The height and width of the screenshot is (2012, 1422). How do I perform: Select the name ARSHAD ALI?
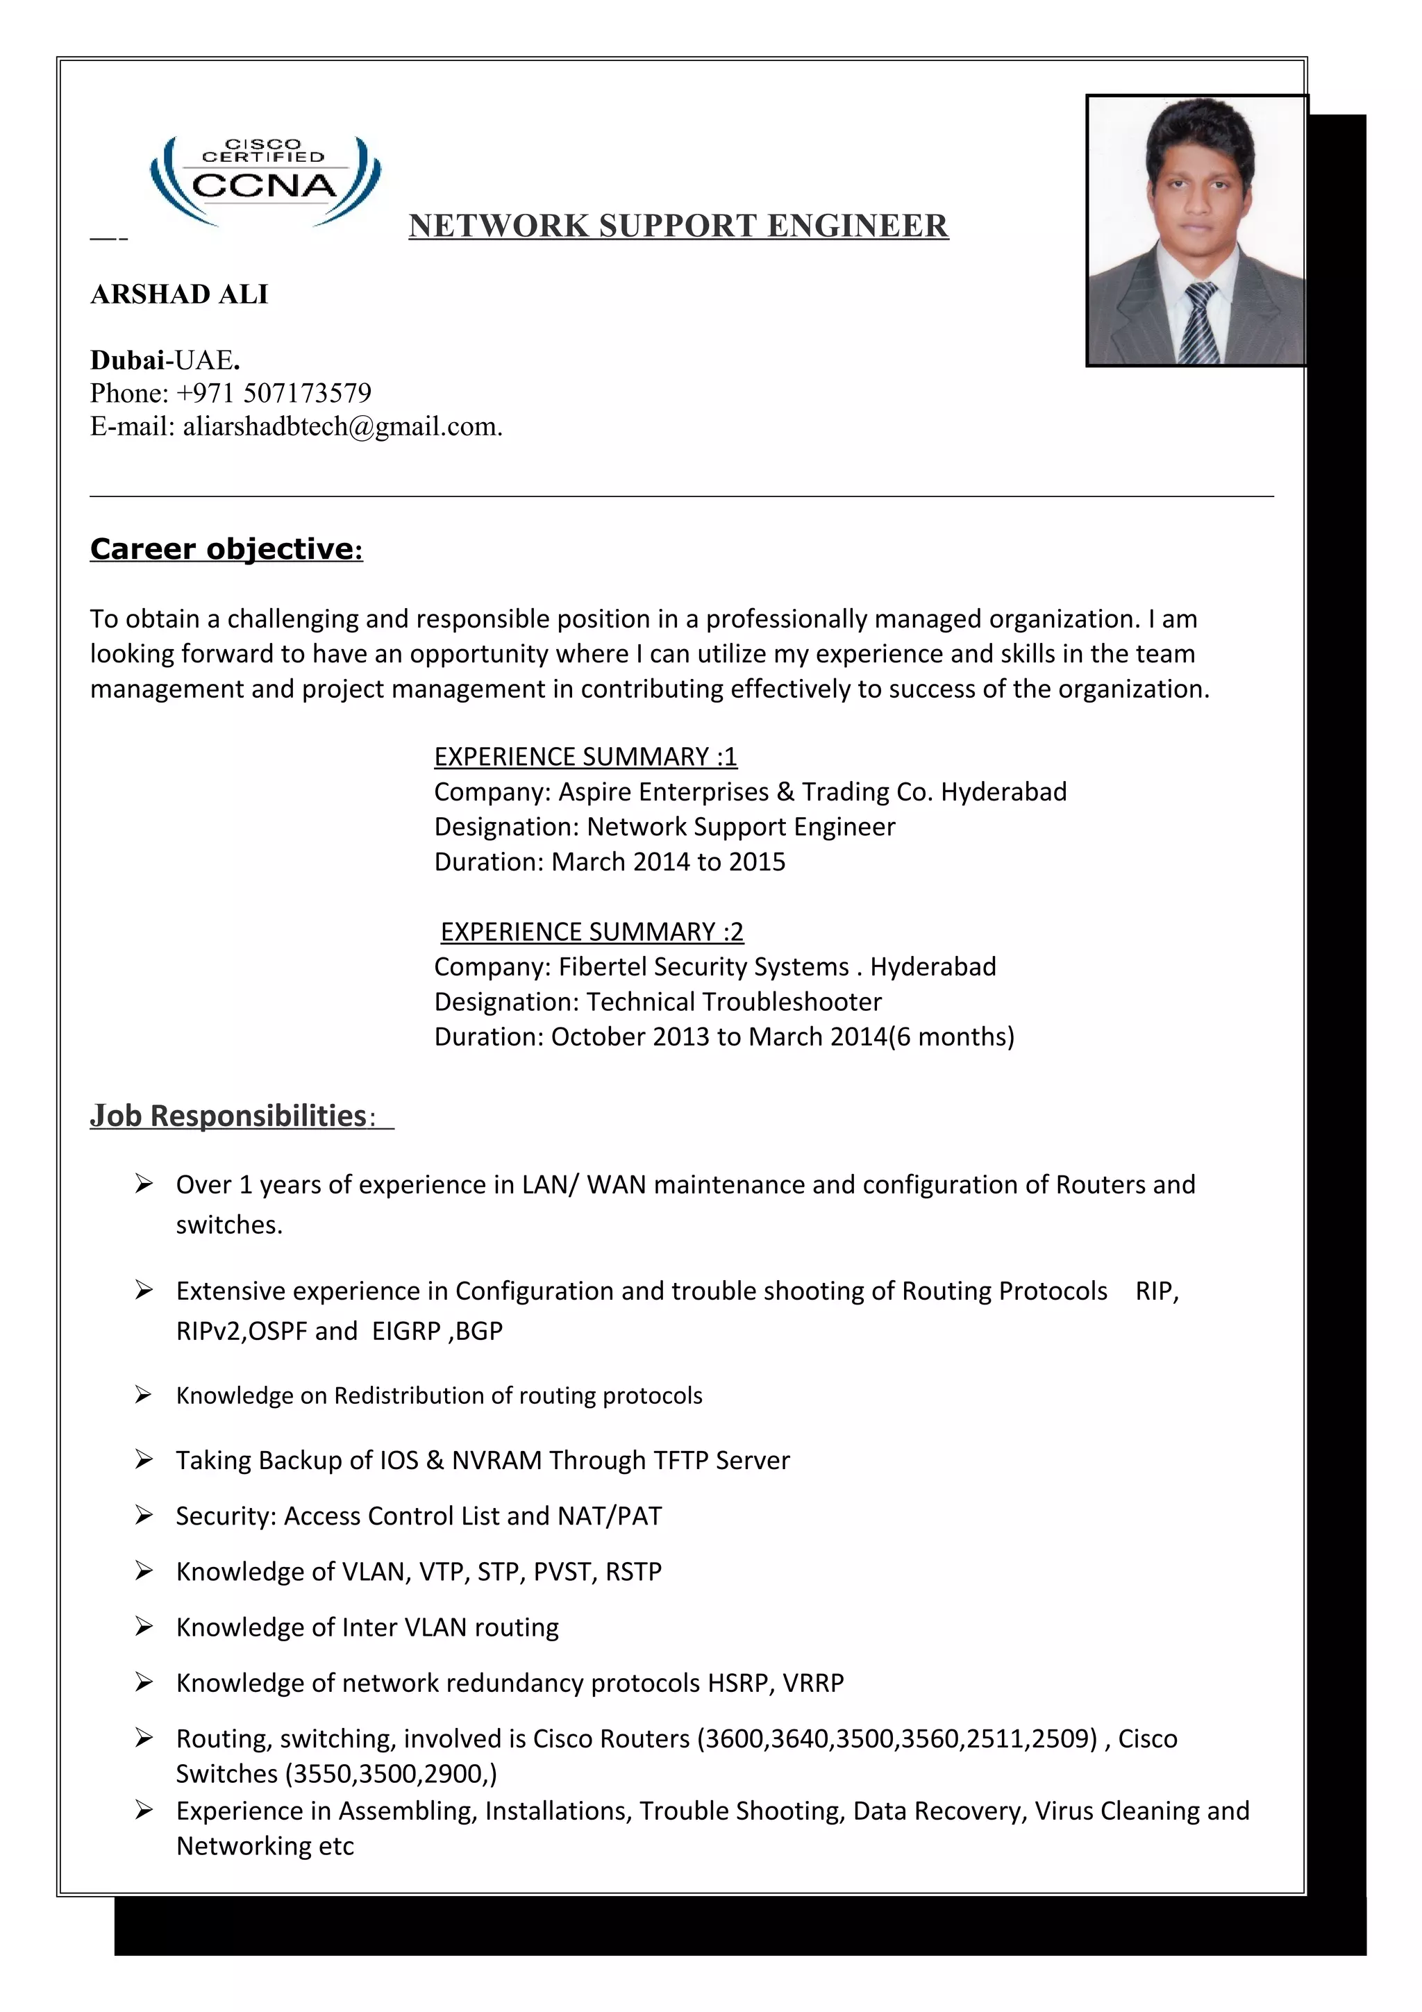(x=180, y=294)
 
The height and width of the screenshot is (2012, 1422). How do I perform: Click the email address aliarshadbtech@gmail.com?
(x=341, y=427)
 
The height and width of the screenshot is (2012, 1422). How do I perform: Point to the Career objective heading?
(x=226, y=549)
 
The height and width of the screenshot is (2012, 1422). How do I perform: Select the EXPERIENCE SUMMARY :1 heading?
(x=585, y=756)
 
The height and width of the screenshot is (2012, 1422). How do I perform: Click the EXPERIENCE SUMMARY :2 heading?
(x=592, y=932)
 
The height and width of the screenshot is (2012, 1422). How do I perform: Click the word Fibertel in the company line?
(x=602, y=966)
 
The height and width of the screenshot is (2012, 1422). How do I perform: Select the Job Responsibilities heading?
(x=228, y=1116)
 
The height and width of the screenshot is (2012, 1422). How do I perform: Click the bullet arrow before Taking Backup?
(x=144, y=1459)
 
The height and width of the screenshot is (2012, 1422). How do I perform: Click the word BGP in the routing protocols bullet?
(x=479, y=1331)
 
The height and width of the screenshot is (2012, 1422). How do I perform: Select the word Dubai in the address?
(x=127, y=360)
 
